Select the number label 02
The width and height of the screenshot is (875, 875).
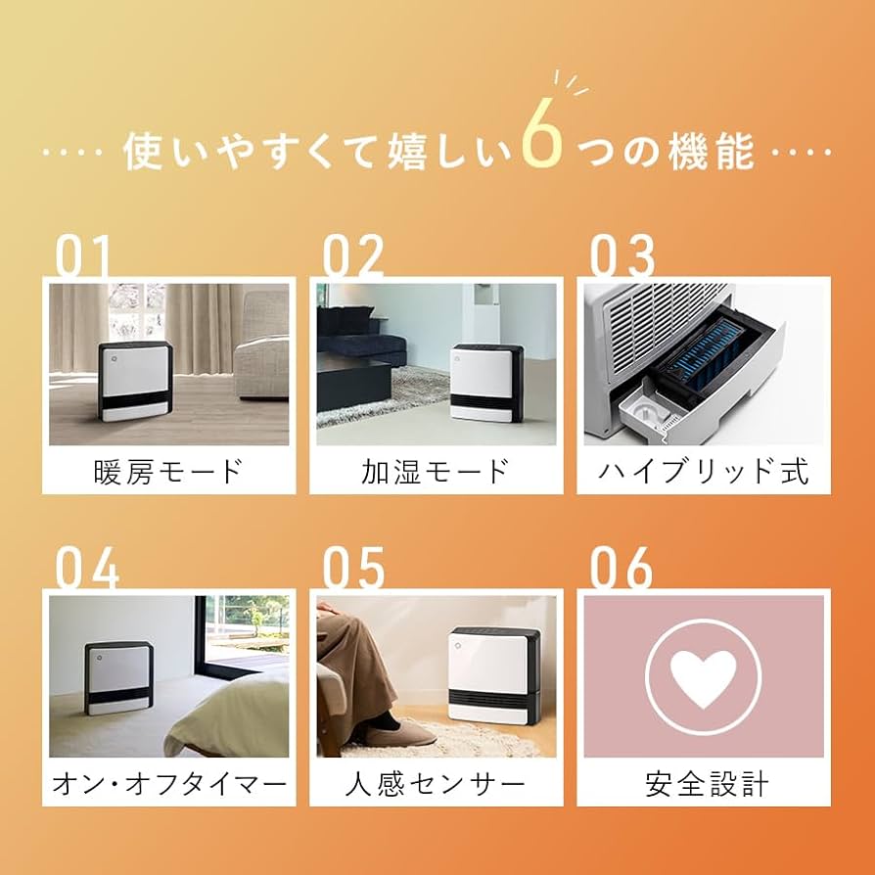353,256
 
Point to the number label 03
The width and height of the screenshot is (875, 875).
622,256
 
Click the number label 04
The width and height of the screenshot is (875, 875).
86,568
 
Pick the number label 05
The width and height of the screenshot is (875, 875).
355,568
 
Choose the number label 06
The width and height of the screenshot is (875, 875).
621,568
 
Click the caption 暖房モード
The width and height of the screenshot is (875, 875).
168,472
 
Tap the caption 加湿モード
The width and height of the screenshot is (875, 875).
436,472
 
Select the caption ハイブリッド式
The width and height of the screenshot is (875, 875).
704,472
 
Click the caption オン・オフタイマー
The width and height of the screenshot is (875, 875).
168,784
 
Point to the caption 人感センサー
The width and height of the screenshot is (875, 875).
436,784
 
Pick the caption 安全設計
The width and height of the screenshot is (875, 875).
704,784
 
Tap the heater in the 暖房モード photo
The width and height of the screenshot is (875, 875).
135,382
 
